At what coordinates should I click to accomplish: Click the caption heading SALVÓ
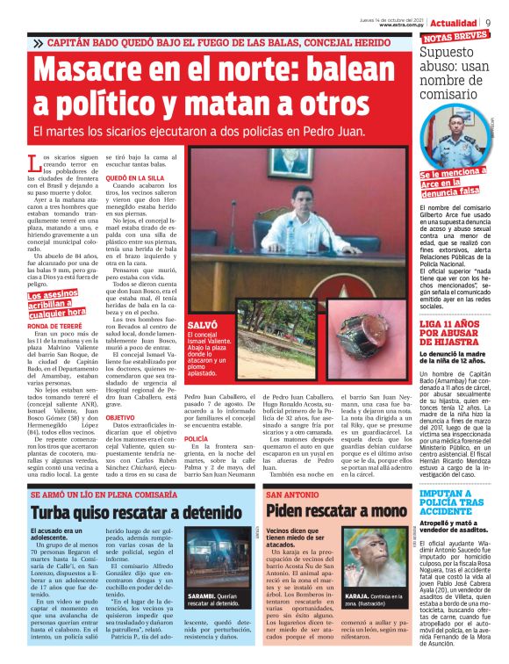tap(203, 325)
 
